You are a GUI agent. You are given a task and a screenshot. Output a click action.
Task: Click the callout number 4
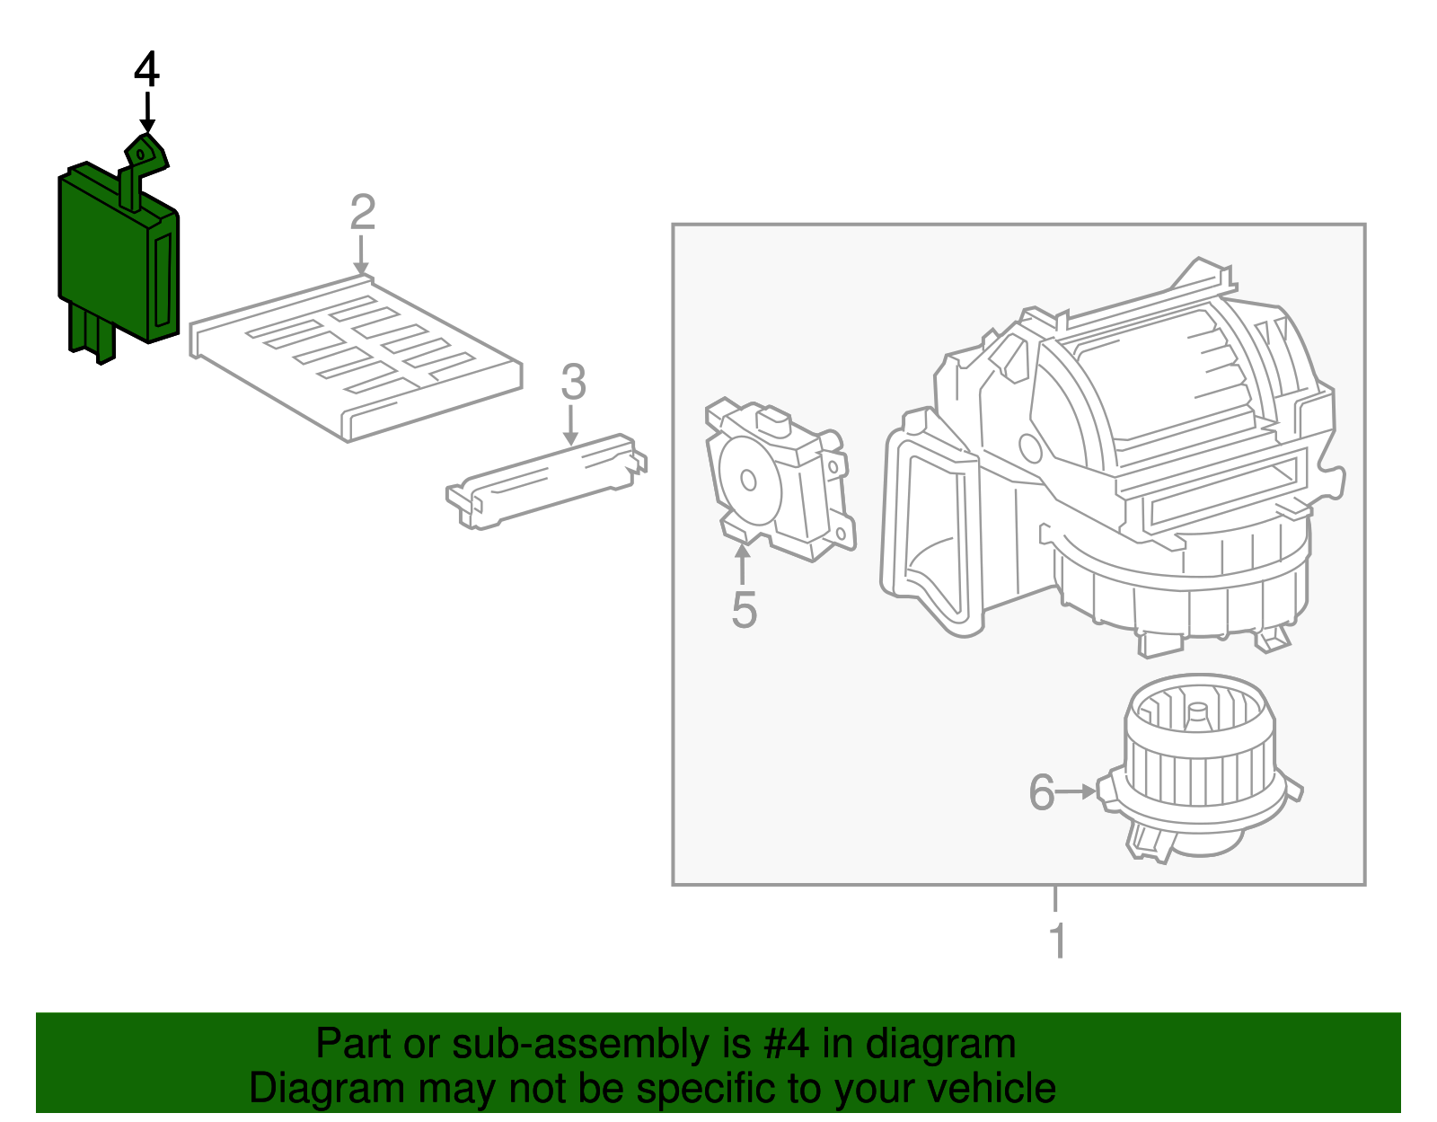146,70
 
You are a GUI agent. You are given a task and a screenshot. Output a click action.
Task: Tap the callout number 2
362,213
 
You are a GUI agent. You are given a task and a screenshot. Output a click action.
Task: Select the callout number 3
573,382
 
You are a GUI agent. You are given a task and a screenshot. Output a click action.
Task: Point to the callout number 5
744,609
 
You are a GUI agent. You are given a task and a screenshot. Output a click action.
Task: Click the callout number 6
1041,792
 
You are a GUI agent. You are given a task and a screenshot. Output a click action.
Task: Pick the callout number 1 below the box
1057,941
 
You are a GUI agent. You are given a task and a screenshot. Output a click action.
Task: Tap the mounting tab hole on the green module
140,155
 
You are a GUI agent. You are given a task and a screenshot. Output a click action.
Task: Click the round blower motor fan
1199,764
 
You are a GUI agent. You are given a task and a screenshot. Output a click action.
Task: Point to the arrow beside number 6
1076,791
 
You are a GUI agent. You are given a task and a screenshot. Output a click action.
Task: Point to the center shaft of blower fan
1197,714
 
